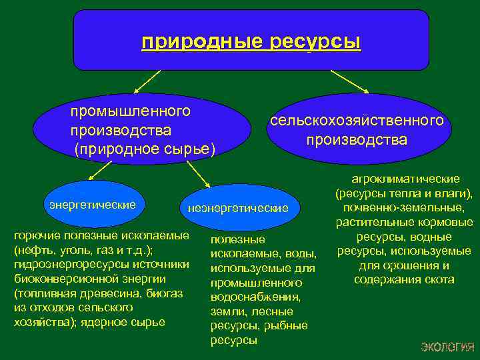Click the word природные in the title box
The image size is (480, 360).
(203, 42)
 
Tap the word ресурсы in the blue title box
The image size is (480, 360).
(316, 42)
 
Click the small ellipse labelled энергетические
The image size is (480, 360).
(93, 204)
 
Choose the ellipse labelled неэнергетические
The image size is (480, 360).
(238, 208)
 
